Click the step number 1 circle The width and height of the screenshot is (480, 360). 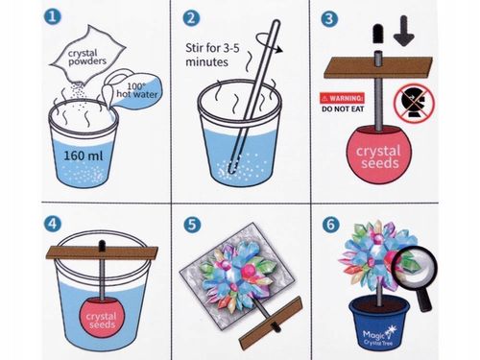[52, 16]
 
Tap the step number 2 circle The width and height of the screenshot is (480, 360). [191, 18]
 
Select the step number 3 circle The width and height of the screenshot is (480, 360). [329, 19]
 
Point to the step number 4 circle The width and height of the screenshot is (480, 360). [52, 224]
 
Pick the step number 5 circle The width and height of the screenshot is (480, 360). [192, 225]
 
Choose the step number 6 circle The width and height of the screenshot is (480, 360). [330, 225]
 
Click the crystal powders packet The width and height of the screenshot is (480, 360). [87, 54]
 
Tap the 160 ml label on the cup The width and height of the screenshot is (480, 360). [84, 156]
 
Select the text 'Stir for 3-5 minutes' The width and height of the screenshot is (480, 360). [212, 55]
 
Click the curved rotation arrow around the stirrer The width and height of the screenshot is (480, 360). [269, 42]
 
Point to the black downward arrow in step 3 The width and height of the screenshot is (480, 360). [404, 31]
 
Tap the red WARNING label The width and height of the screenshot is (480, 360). [342, 98]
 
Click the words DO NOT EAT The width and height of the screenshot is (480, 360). [343, 109]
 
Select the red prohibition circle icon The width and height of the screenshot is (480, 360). [414, 103]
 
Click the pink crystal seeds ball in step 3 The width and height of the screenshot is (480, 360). [379, 156]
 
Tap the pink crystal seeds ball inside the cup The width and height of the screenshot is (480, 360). [102, 318]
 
